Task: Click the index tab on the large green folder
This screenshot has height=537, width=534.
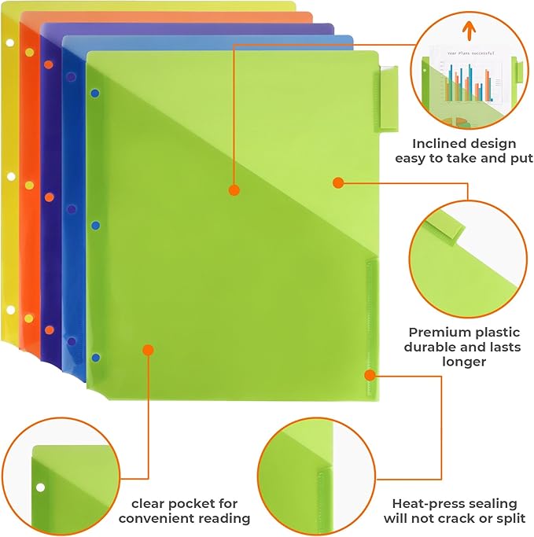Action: click(x=389, y=98)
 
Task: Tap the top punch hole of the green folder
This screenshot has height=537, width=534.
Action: click(x=95, y=94)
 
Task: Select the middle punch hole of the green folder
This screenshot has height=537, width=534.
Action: click(x=95, y=226)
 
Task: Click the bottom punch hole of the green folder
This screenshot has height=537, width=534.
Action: click(x=95, y=358)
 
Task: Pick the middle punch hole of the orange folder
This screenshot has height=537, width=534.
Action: click(x=30, y=186)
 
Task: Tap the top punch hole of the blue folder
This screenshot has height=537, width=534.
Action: click(x=70, y=79)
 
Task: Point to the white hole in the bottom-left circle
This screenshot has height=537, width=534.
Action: click(x=40, y=487)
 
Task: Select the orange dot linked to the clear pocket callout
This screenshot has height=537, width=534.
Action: click(x=148, y=350)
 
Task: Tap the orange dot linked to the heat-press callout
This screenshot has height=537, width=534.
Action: click(x=368, y=373)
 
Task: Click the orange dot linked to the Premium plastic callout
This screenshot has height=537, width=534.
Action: click(x=337, y=182)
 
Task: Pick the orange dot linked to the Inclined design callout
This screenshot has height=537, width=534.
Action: click(x=234, y=189)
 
